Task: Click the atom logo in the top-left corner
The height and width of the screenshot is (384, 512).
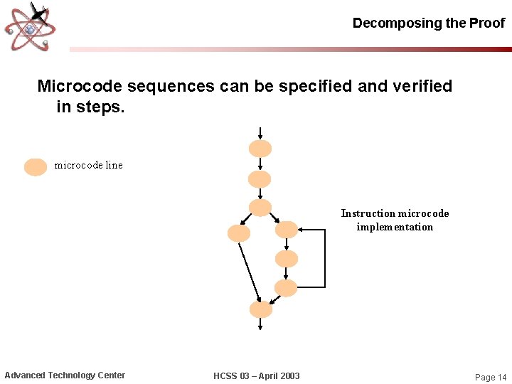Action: point(30,26)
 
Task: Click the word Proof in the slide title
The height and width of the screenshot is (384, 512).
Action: point(487,23)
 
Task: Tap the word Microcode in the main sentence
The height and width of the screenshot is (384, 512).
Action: point(80,86)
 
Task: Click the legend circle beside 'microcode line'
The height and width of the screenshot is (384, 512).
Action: point(36,166)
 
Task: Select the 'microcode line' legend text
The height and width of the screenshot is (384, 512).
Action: point(88,165)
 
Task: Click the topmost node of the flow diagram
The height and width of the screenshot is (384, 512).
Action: point(260,149)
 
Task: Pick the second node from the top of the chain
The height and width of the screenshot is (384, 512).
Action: point(260,178)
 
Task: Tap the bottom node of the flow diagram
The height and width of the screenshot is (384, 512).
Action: point(261,309)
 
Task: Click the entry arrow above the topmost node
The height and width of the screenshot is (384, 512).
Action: point(260,133)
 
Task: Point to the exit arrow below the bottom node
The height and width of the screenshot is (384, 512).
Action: point(261,324)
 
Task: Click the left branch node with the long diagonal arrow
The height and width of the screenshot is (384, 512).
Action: point(239,233)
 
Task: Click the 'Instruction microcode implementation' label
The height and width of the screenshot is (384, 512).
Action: point(395,220)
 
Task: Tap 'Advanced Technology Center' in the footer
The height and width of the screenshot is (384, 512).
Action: point(65,375)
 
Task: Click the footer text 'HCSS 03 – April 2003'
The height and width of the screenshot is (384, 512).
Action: point(257,375)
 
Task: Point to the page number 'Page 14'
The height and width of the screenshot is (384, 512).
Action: point(491,377)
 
